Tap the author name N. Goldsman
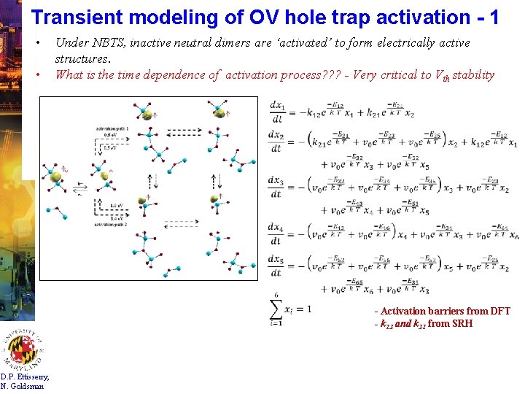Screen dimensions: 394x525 click(x=23, y=386)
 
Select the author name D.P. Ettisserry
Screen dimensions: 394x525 click(x=26, y=376)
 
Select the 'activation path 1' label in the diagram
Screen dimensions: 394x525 click(x=112, y=128)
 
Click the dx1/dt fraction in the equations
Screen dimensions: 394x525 click(x=277, y=112)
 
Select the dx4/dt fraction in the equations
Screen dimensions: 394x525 click(x=277, y=234)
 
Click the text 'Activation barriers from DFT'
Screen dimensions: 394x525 click(x=445, y=312)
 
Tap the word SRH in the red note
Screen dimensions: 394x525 click(x=462, y=323)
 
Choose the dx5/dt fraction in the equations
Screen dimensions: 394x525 click(x=277, y=266)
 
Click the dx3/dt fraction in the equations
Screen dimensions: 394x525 click(x=277, y=187)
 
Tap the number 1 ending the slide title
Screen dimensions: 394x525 click(x=494, y=17)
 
